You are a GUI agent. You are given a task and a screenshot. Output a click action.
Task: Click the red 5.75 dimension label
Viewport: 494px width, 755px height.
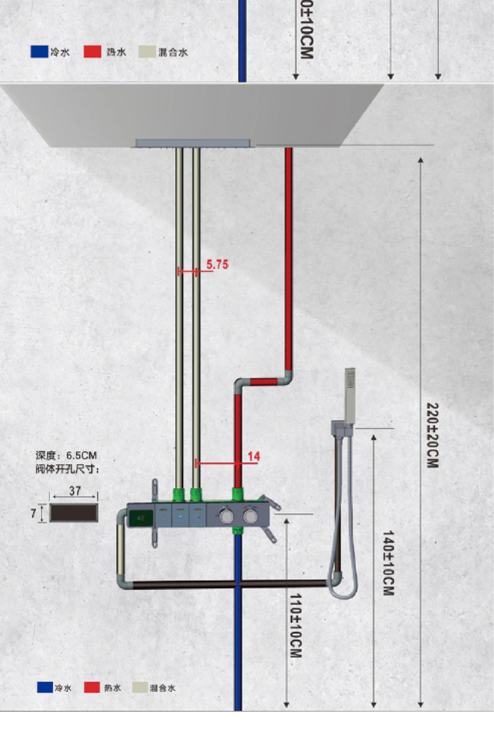pos(217,264)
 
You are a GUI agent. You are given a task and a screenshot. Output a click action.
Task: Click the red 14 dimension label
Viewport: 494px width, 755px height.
pos(254,456)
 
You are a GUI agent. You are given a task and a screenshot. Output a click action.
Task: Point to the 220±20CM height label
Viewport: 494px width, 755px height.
pos(432,435)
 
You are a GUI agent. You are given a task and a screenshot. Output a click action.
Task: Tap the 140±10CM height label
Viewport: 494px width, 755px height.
pos(388,563)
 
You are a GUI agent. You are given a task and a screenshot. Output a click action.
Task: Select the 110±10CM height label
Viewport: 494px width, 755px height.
pos(296,625)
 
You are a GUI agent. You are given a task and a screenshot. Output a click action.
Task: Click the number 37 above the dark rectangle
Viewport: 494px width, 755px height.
pos(75,491)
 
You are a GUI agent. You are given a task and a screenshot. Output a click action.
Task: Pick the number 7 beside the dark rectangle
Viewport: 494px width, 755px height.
pos(33,513)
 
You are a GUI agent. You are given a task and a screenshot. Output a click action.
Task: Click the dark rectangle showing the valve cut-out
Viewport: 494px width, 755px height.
pos(74,513)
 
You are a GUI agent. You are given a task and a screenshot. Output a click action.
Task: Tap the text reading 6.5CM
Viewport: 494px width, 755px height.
pos(81,455)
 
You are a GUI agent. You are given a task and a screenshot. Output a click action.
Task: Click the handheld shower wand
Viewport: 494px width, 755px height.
pos(350,395)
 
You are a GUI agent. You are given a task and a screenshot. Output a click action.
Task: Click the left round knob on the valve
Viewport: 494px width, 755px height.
pos(226,516)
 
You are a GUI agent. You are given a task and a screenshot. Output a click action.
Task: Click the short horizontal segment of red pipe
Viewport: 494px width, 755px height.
pos(263,381)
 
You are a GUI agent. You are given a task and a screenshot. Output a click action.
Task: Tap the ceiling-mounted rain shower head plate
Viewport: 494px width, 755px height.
pos(193,143)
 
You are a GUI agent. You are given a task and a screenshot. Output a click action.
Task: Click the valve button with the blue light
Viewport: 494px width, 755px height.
pos(180,515)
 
